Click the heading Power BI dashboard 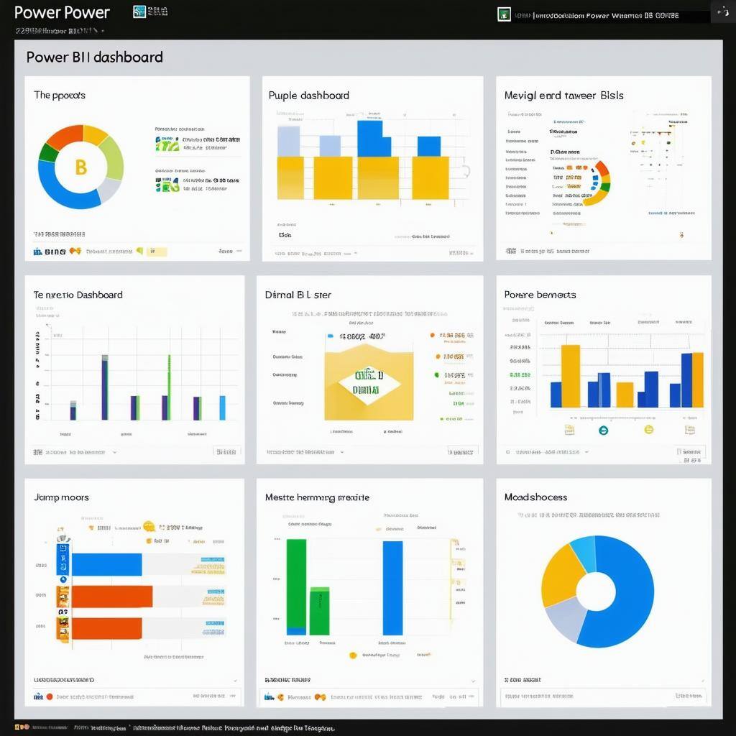[94, 57]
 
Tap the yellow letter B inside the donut [80, 167]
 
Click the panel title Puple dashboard [308, 96]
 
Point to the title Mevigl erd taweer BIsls [563, 96]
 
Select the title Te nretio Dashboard [78, 295]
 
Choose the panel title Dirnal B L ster [298, 295]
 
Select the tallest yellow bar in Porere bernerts [570, 376]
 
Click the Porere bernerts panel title [540, 295]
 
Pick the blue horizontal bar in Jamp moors [106, 564]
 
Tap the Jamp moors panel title [61, 497]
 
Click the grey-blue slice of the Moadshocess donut [564, 618]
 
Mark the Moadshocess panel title [535, 497]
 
